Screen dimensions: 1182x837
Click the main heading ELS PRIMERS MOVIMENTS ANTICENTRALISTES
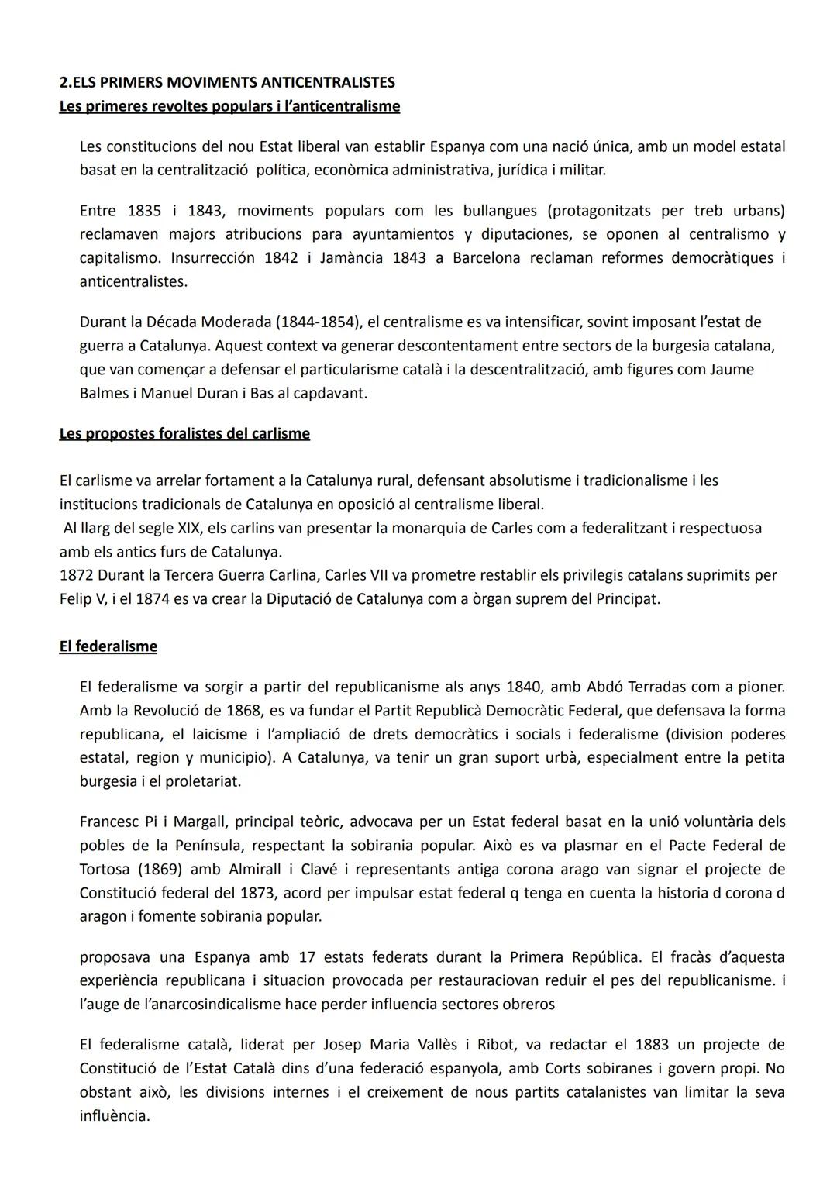pos(227,82)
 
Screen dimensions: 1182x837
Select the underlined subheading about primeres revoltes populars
pos(229,106)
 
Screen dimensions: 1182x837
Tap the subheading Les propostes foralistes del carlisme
pos(184,433)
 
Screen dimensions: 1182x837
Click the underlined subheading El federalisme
pos(108,646)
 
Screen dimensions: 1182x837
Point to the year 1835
pos(144,211)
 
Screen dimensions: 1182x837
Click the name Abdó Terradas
pos(649,687)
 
